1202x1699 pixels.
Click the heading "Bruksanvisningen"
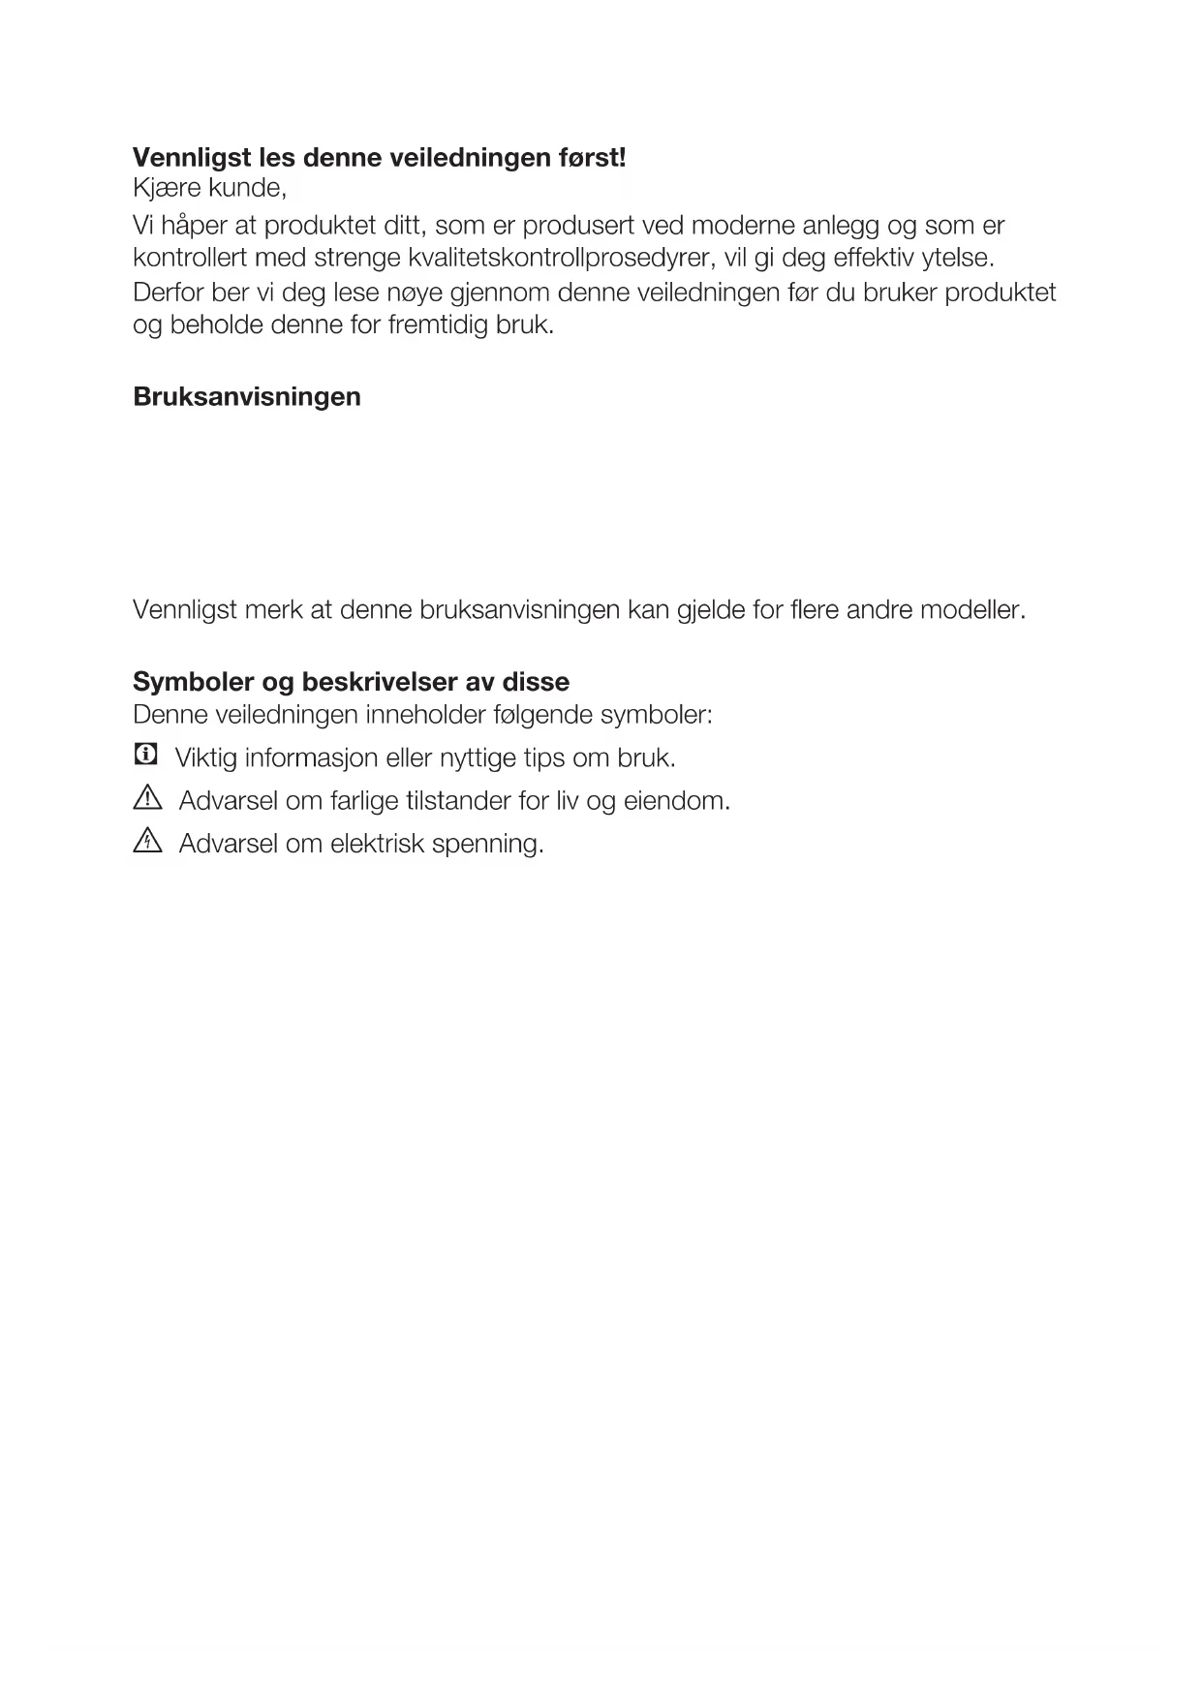(x=247, y=397)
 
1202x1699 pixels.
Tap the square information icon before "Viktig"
(x=145, y=755)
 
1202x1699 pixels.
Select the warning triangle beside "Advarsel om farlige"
(x=147, y=799)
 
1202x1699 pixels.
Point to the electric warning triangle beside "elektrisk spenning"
(x=147, y=842)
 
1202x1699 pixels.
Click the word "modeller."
(x=972, y=610)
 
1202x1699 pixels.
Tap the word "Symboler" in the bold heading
(x=191, y=682)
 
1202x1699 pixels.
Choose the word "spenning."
(x=487, y=844)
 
